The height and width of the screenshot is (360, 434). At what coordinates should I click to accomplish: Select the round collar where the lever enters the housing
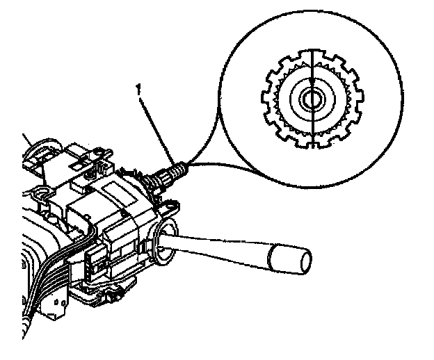click(164, 243)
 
